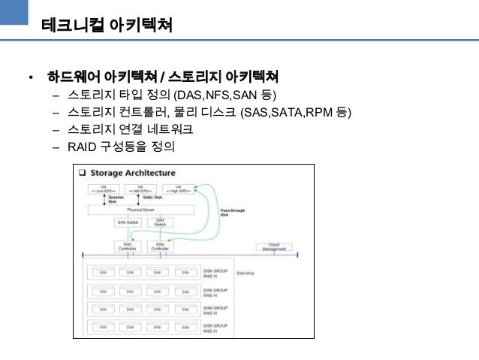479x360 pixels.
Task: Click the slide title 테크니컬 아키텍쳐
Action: coord(107,26)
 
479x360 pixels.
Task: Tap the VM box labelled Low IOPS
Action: coord(104,189)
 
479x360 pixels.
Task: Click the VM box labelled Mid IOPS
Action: coord(141,189)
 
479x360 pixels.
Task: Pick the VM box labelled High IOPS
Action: coord(178,189)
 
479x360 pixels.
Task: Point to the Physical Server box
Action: coord(140,209)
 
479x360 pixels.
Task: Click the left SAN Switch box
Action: coord(128,222)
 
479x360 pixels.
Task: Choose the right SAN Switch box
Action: coord(160,223)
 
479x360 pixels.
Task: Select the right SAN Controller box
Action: coord(160,246)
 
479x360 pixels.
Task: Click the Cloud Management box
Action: coord(273,246)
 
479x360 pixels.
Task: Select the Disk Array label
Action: coord(246,273)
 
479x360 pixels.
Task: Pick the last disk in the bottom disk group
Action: coord(182,327)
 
